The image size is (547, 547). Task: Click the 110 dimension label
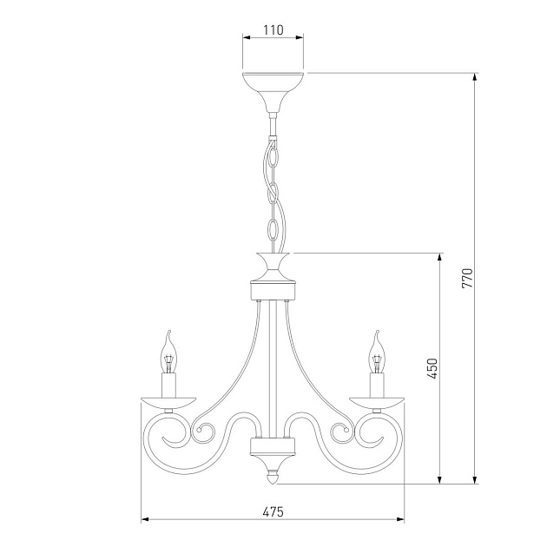[273, 30]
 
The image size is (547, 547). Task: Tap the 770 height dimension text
[467, 278]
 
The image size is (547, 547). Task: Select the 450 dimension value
[432, 368]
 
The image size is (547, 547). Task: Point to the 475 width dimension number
[273, 511]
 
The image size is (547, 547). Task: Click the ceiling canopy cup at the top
[273, 92]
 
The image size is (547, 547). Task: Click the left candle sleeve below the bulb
[168, 386]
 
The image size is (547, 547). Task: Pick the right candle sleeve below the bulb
[377, 386]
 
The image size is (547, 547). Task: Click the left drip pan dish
[168, 403]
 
